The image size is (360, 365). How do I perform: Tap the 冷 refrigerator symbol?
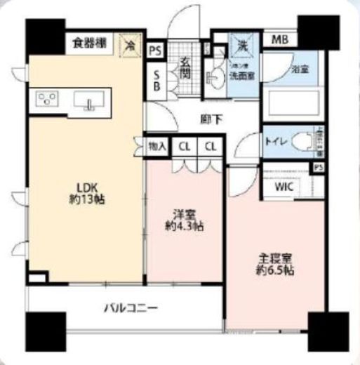[130, 44]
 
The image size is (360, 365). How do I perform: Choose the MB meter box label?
[279, 39]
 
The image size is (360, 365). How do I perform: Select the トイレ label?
[275, 140]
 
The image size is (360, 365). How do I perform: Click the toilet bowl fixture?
[302, 141]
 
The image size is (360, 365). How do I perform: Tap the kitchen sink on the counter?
[89, 102]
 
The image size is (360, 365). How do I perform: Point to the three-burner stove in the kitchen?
[47, 100]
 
